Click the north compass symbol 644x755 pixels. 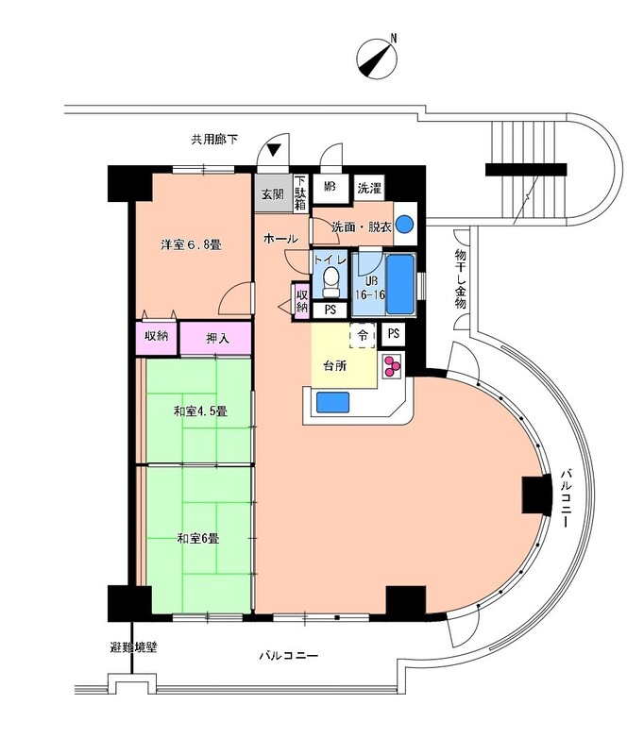click(x=377, y=59)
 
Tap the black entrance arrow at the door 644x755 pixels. click(x=273, y=151)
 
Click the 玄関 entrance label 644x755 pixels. click(x=273, y=194)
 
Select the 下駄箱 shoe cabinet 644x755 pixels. click(x=300, y=193)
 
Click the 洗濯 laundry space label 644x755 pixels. click(x=369, y=188)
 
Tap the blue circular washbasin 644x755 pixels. click(x=404, y=224)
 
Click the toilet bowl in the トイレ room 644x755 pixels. click(x=330, y=281)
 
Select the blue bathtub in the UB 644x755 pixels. click(x=400, y=285)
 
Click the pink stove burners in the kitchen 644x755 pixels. click(x=392, y=366)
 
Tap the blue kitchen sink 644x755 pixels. click(x=332, y=402)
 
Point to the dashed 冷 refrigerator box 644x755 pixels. click(x=363, y=336)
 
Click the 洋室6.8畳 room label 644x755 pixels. click(x=191, y=244)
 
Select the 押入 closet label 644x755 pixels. click(x=217, y=339)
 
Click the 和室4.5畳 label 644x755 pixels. click(x=200, y=411)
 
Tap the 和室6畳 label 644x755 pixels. click(x=198, y=538)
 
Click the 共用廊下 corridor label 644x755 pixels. click(x=214, y=140)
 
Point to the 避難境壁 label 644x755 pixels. click(x=133, y=647)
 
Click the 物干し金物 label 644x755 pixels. click(x=461, y=278)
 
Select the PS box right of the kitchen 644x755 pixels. click(x=394, y=334)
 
